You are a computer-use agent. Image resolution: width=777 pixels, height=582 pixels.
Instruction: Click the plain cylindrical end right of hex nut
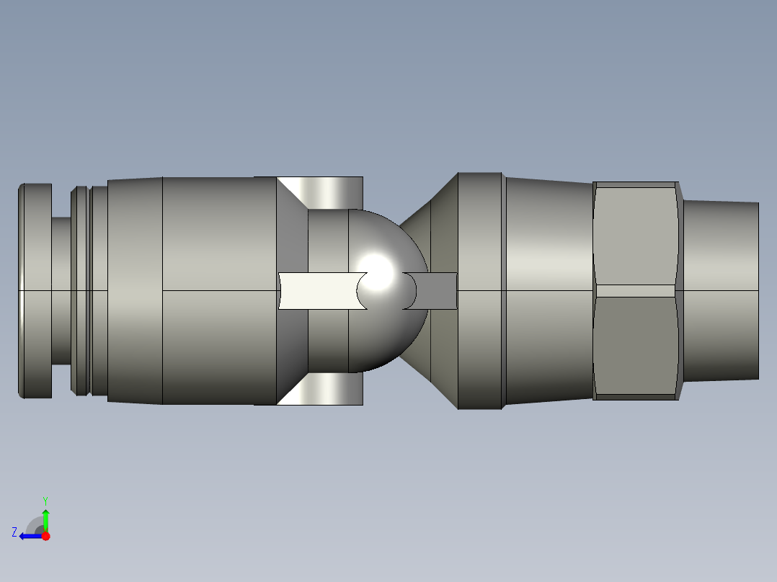click(x=721, y=290)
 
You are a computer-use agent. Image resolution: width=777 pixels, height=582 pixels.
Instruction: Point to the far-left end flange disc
click(x=35, y=290)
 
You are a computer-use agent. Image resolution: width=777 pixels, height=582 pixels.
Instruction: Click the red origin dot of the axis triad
click(x=45, y=536)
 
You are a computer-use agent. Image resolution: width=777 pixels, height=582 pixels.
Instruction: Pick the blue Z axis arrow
click(x=29, y=536)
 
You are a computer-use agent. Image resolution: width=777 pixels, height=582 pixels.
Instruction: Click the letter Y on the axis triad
click(x=45, y=500)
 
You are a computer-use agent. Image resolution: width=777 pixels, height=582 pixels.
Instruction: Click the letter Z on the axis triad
click(x=14, y=532)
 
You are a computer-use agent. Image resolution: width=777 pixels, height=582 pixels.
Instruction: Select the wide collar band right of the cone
click(x=480, y=290)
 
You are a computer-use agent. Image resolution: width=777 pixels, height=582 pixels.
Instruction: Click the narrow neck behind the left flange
click(x=61, y=290)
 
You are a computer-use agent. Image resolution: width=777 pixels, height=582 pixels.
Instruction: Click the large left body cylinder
click(x=216, y=290)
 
